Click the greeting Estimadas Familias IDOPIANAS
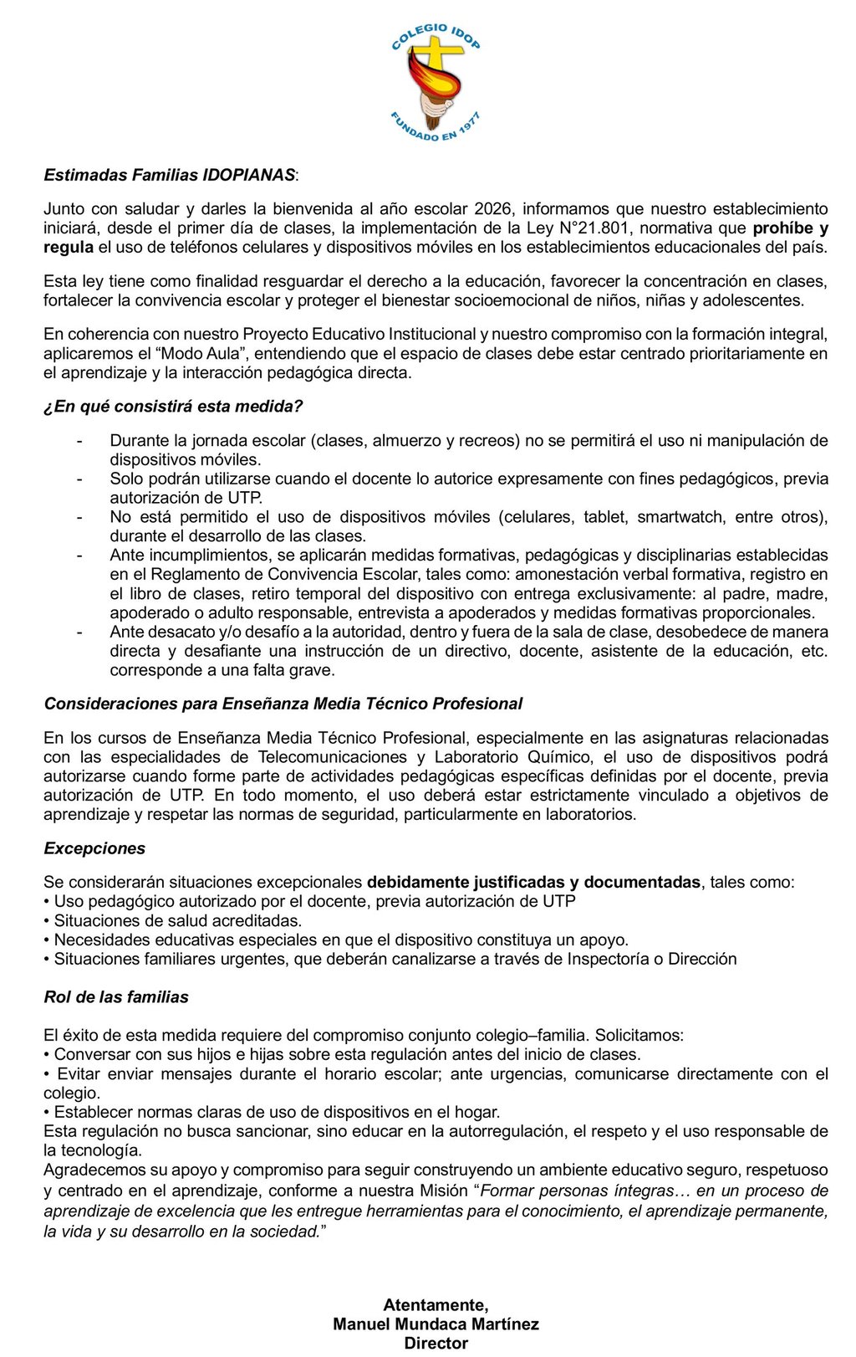pos(170,175)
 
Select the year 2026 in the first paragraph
pos(493,208)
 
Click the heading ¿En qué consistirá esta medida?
pos(173,406)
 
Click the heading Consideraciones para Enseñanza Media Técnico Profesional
pos(283,704)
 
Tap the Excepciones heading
pos(94,848)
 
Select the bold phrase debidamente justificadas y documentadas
pos(533,882)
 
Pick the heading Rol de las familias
pos(116,996)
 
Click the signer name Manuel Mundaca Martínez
pos(436,1324)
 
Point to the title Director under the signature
pos(436,1343)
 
